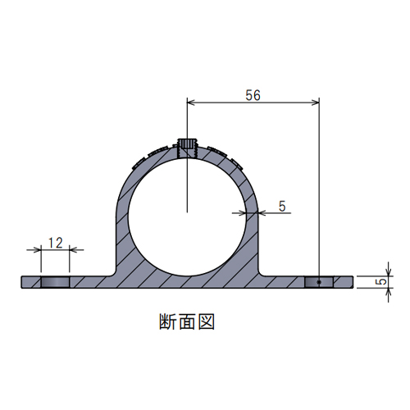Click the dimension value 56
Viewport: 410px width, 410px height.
(253, 95)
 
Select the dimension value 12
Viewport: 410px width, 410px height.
(56, 243)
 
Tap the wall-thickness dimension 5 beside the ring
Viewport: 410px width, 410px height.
(282, 206)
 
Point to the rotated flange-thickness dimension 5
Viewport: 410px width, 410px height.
(383, 281)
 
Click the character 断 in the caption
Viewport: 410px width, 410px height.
(167, 321)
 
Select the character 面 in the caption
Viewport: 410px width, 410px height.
(187, 321)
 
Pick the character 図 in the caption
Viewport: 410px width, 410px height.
(206, 321)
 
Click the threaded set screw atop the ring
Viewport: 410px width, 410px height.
(187, 148)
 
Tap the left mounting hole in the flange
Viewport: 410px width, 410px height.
(55, 282)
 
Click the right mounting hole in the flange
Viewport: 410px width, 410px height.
(319, 282)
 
